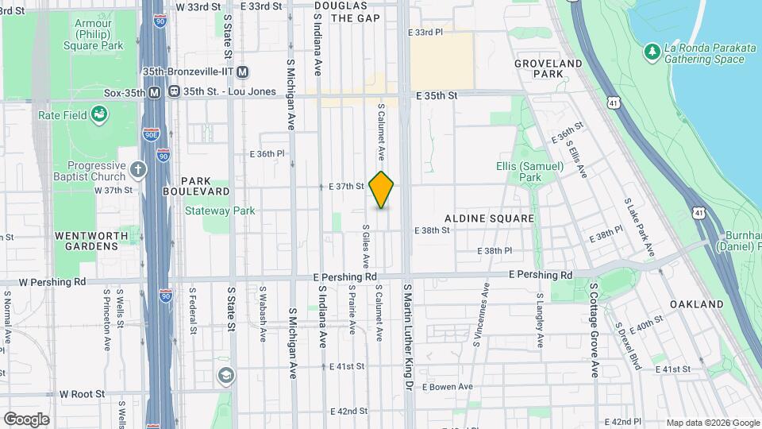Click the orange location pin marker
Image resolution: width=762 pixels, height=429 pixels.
click(382, 189)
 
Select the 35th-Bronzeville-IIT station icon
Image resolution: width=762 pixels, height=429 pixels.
click(243, 71)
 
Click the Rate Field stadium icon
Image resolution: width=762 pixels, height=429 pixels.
click(99, 114)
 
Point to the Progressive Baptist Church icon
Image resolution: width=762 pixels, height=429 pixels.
click(139, 169)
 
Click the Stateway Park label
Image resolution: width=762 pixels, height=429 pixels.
click(220, 211)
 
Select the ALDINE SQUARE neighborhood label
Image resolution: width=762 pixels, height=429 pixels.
click(489, 218)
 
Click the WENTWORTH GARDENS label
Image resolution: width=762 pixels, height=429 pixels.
click(87, 241)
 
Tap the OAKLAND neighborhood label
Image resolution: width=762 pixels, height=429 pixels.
click(696, 304)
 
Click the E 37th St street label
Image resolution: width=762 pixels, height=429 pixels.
click(346, 187)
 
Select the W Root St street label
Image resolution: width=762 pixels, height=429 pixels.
click(78, 394)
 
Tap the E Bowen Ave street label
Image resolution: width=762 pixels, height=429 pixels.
click(448, 387)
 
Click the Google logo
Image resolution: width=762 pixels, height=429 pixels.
click(26, 419)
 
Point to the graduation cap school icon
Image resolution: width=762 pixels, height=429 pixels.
click(225, 374)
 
